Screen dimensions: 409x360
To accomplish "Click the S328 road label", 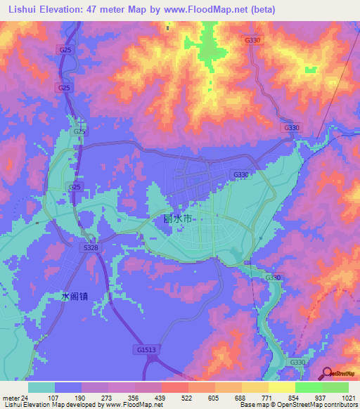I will tap(89, 248).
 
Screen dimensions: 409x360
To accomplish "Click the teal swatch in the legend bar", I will tap(41, 387).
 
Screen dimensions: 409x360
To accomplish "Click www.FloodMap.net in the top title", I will tap(201, 10).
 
